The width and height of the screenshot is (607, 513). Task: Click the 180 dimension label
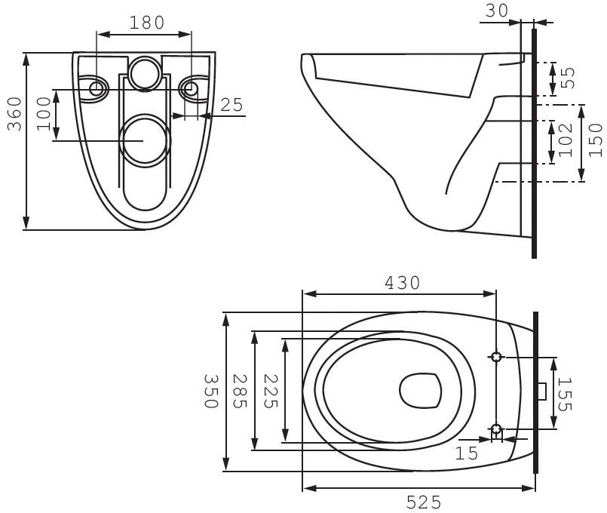[x=147, y=23]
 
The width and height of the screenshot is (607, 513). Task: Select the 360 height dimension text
[x=15, y=114]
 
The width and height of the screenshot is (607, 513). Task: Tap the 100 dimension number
[x=44, y=114]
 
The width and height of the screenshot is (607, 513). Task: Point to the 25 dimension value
[x=231, y=105]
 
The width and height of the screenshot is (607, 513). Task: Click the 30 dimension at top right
[x=496, y=11]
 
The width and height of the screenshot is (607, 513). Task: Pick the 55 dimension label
[x=568, y=78]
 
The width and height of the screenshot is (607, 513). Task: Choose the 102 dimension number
[x=566, y=140]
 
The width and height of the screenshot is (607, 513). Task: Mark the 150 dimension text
[x=596, y=140]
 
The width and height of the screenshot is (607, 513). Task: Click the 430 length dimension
[x=402, y=283]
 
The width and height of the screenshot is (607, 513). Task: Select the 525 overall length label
[x=424, y=502]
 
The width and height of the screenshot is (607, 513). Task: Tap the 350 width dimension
[x=211, y=391]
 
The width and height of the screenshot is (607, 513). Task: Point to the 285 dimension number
[x=240, y=391]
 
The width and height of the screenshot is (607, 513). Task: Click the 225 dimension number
[x=271, y=391]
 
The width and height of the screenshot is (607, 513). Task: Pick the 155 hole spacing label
[x=564, y=394]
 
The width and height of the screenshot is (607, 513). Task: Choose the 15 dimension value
[x=467, y=453]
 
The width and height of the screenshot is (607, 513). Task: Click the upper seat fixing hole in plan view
[x=496, y=357]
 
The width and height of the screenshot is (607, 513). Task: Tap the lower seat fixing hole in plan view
[x=496, y=429]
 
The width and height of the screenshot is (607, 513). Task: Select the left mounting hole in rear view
[x=96, y=89]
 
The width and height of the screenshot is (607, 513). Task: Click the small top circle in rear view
[x=144, y=74]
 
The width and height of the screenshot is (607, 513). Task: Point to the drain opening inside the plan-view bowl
[x=421, y=391]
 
